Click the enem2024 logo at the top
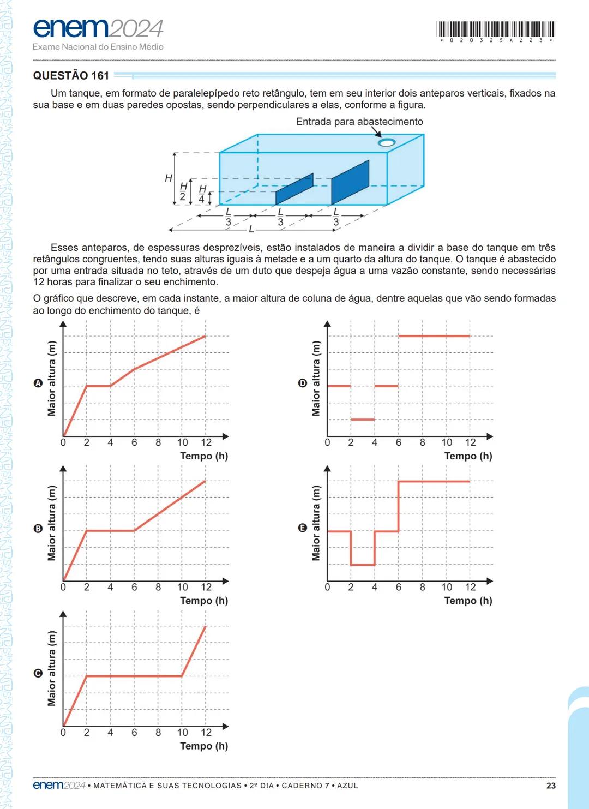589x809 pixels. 98,28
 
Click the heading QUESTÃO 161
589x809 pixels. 71,75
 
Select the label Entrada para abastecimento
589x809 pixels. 359,122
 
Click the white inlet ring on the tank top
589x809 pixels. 386,143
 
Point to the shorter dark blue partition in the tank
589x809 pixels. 294,189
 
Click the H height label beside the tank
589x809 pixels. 169,178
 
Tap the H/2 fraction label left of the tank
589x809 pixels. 183,191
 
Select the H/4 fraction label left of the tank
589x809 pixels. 202,194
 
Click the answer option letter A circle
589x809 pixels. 38,383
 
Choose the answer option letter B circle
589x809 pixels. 38,528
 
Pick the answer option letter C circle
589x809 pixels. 38,673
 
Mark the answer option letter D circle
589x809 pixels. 302,383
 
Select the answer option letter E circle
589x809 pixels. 302,528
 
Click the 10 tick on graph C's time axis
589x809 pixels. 182,732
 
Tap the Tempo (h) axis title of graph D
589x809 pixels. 468,456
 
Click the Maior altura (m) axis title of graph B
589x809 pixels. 52,523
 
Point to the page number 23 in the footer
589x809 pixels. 551,786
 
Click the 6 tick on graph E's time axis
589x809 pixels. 398,587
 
